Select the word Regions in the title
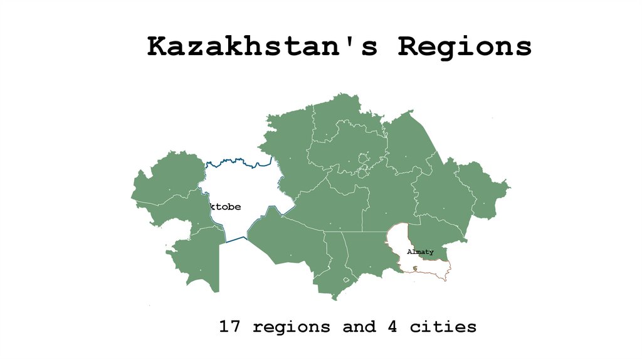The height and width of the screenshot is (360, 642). pos(465,46)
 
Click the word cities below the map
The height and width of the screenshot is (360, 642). pos(443,327)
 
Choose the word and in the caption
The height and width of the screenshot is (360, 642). pos(359,327)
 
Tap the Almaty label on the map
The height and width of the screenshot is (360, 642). pos(420,252)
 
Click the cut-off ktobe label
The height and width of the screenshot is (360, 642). pos(226,207)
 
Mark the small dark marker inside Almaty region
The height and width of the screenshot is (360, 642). pos(415,268)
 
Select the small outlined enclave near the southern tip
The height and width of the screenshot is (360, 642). pos(346,290)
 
